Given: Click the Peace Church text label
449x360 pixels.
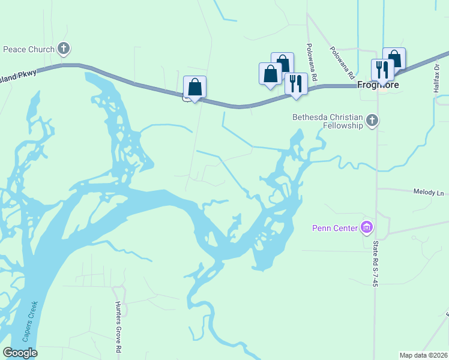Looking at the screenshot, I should coord(29,49).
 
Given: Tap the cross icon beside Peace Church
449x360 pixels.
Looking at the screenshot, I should coord(64,49).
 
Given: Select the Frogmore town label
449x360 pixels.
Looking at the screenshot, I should coord(378,85).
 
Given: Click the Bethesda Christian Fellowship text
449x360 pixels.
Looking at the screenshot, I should coord(328,121).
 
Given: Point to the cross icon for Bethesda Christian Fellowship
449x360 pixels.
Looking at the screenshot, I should coord(372,121).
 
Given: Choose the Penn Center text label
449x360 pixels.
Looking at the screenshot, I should coord(334,228).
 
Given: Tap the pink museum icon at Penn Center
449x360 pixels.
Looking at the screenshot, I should coord(366,227).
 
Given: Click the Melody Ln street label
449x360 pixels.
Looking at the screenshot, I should coord(428,193).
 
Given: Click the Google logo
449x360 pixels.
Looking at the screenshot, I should coord(20,353).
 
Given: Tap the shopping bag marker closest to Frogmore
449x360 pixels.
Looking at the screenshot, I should coord(394,59).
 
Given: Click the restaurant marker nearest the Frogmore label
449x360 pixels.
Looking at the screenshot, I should coord(382,70).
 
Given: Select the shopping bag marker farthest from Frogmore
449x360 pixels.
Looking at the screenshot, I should coord(195,87).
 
